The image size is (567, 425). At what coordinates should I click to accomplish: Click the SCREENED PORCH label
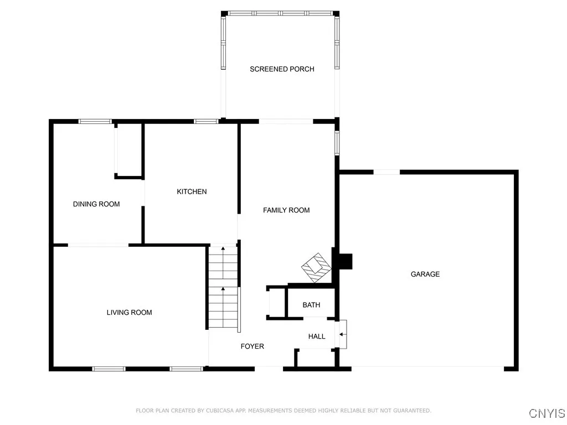(282, 69)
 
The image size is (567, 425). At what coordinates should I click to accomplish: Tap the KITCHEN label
(192, 191)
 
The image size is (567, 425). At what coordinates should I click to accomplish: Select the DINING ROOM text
(96, 204)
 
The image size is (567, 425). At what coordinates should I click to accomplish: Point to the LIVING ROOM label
(129, 313)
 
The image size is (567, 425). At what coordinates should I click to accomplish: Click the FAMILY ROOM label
(286, 210)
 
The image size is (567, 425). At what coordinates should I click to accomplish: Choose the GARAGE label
(425, 274)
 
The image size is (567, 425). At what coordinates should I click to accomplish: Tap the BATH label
(311, 305)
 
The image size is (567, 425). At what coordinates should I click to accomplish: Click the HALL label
(317, 336)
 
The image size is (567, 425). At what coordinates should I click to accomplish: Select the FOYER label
(252, 346)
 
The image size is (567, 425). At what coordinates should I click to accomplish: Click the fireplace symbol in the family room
(316, 267)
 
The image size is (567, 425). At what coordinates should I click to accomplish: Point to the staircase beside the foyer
(223, 288)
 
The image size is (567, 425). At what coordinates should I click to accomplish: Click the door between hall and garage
(343, 334)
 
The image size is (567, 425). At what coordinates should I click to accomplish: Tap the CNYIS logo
(547, 413)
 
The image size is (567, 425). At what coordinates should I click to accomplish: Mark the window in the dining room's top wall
(95, 121)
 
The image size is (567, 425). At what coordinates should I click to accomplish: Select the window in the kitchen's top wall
(205, 121)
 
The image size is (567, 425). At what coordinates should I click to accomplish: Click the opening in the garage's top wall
(386, 172)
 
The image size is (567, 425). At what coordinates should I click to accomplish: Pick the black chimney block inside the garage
(345, 261)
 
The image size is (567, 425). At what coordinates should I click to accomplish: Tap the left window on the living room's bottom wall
(109, 369)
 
